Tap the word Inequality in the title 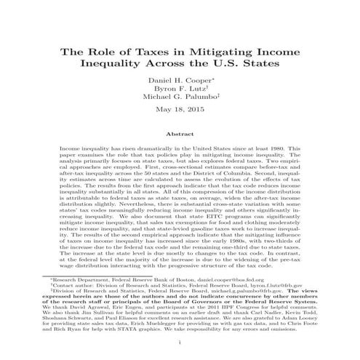(x=119, y=67)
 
